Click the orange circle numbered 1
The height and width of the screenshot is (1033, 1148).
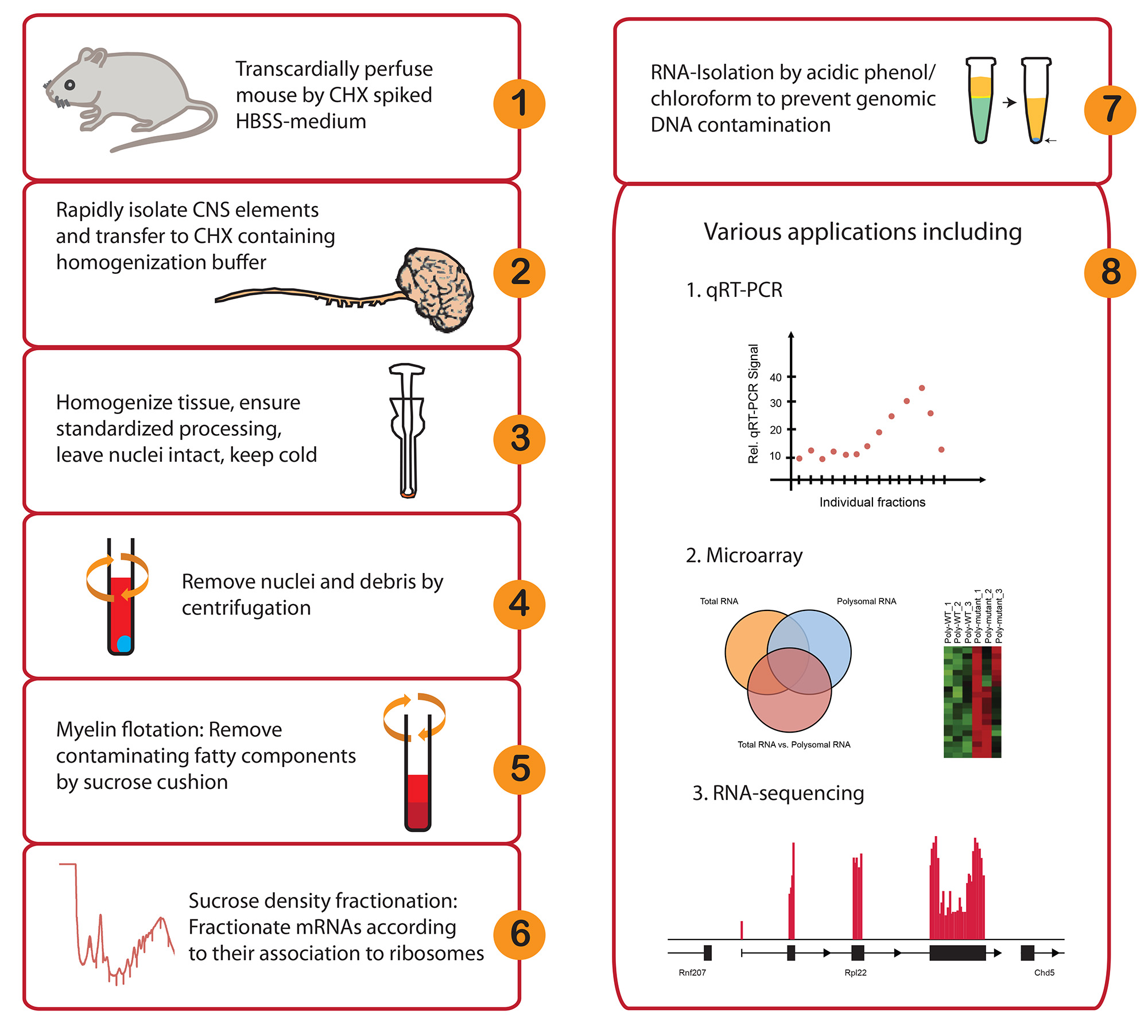pyautogui.click(x=519, y=104)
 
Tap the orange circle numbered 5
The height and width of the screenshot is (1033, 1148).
pyautogui.click(x=519, y=769)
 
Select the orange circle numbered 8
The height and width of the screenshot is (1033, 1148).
pyautogui.click(x=1110, y=272)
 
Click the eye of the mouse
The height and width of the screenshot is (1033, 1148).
pyautogui.click(x=69, y=85)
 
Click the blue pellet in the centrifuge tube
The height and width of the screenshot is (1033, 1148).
pyautogui.click(x=124, y=644)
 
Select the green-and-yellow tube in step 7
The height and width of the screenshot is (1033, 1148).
pyautogui.click(x=980, y=100)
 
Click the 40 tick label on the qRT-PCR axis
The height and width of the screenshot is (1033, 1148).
pyautogui.click(x=775, y=377)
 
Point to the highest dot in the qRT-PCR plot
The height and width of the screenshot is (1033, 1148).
pyautogui.click(x=922, y=388)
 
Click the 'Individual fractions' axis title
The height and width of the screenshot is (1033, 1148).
pyautogui.click(x=872, y=502)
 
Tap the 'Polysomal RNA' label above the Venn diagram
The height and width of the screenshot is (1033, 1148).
pyautogui.click(x=866, y=601)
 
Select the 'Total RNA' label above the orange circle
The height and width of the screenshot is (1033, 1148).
pyautogui.click(x=719, y=601)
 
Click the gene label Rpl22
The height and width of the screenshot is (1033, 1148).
pyautogui.click(x=855, y=973)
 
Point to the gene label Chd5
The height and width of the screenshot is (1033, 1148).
pyautogui.click(x=1044, y=973)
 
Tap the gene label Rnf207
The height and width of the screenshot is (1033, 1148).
pyautogui.click(x=692, y=973)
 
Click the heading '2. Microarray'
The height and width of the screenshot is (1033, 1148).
pyautogui.click(x=744, y=555)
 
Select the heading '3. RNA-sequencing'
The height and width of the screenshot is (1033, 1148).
pyautogui.click(x=778, y=793)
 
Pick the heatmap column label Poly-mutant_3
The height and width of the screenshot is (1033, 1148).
pyautogui.click(x=999, y=616)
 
